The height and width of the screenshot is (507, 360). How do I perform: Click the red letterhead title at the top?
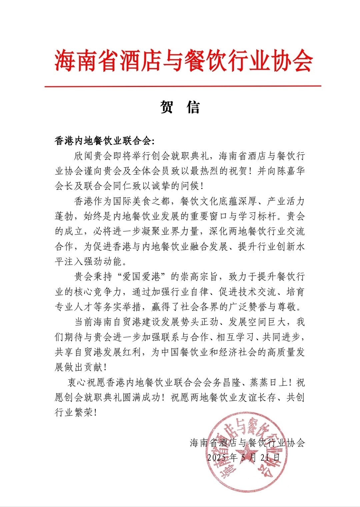(x=183, y=61)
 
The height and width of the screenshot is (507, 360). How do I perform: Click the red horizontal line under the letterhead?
(x=183, y=86)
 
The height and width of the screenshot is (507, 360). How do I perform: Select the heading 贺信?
(x=180, y=107)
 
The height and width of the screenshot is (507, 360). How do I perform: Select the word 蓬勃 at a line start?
(x=64, y=216)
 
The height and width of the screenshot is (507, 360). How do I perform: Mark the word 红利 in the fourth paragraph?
(x=132, y=352)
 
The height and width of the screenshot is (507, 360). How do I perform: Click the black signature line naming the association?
(x=247, y=443)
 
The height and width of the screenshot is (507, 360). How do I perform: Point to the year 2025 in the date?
(x=216, y=457)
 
